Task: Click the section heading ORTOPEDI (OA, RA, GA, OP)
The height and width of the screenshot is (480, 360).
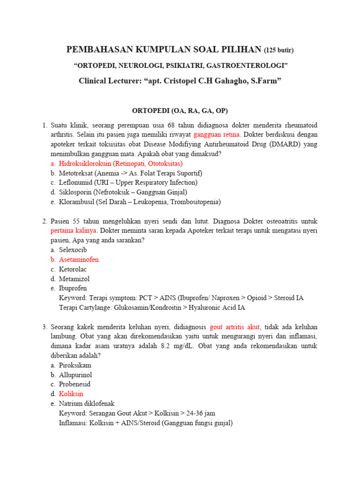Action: [180, 111]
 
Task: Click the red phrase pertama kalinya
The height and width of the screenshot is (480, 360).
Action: [73, 231]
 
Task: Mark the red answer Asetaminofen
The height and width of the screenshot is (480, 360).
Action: [79, 259]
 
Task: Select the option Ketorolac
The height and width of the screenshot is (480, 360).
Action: [73, 269]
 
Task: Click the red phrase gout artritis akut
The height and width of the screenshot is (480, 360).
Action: [235, 327]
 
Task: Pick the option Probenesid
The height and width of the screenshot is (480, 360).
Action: [75, 384]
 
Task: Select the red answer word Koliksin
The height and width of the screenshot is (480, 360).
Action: [71, 394]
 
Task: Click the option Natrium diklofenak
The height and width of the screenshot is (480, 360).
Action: [87, 404]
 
